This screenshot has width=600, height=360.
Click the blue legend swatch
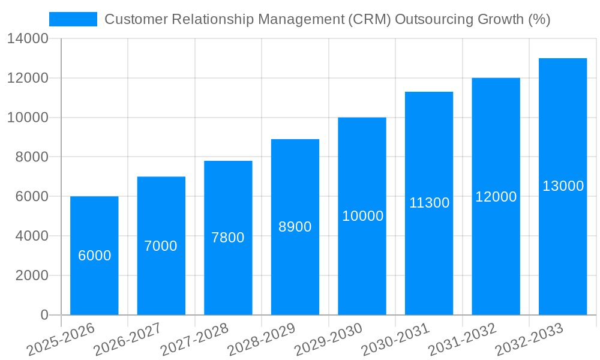(73, 19)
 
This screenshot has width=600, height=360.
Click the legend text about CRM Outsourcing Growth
(327, 19)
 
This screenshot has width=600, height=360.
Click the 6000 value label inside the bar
(95, 256)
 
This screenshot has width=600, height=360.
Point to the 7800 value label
(228, 238)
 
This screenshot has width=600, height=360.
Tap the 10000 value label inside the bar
(362, 216)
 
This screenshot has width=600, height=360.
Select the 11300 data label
(429, 203)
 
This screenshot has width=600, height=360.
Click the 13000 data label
(563, 186)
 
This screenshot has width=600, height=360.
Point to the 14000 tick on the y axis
(28, 39)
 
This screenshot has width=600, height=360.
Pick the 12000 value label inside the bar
(496, 197)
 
